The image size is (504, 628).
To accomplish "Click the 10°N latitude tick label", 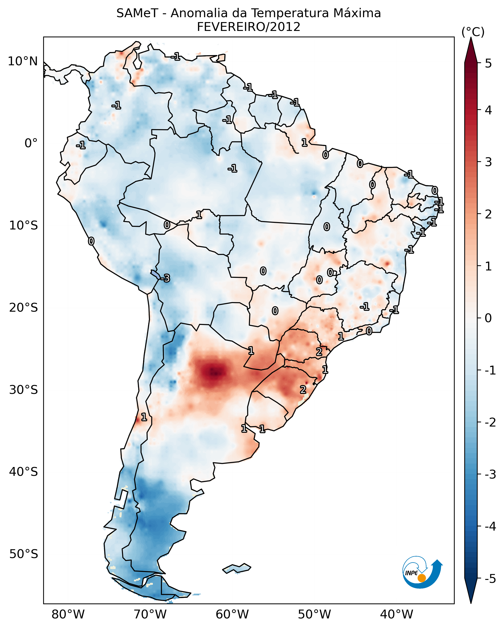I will (x=23, y=61).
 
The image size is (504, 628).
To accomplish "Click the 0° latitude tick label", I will (x=31, y=143).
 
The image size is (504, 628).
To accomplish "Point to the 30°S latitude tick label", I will (x=23, y=390).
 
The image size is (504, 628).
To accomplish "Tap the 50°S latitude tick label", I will (x=23, y=554).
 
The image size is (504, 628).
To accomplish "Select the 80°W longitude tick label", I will (x=68, y=615).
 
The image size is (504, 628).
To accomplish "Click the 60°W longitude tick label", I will (x=232, y=615).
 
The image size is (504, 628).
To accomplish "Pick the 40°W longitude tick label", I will (x=396, y=615).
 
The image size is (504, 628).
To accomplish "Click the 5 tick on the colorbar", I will (x=488, y=63).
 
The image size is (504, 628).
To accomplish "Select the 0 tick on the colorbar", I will (x=488, y=318).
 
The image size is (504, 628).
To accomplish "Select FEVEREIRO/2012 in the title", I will (x=249, y=27).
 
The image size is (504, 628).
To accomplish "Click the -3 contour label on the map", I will (x=165, y=279).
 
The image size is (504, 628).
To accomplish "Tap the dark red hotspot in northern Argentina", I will (x=215, y=372).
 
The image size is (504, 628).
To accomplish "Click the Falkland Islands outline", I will (x=237, y=568).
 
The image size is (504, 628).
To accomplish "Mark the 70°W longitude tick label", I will (x=150, y=615).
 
